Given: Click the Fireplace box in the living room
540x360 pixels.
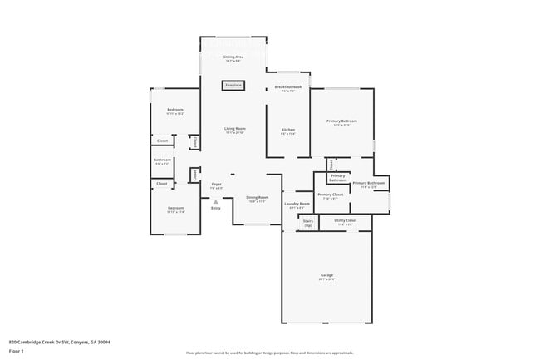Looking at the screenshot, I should point(233,85).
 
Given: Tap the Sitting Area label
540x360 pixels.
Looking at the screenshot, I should point(233,57).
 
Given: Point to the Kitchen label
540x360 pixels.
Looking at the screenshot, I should point(287,129).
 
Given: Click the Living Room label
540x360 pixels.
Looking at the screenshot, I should point(234,129).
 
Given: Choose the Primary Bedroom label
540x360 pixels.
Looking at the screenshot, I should point(341,121).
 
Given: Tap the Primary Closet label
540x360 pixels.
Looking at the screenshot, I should point(330,195).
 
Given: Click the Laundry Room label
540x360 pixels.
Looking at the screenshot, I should point(297,203).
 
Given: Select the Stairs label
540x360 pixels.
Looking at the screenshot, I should point(307,221).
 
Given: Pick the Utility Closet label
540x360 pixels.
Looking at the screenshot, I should point(344,221).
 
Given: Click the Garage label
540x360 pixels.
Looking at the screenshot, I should point(326,275).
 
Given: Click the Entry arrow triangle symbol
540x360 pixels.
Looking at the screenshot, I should point(215,201).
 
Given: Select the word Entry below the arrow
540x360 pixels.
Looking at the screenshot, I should point(215,208).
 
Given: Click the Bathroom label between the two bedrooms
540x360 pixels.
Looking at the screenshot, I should point(162,160).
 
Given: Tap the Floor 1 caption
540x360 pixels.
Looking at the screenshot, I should point(17,351).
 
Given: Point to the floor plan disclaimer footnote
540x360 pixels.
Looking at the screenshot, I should point(269,353).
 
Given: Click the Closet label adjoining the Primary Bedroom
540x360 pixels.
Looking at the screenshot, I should point(331,164).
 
